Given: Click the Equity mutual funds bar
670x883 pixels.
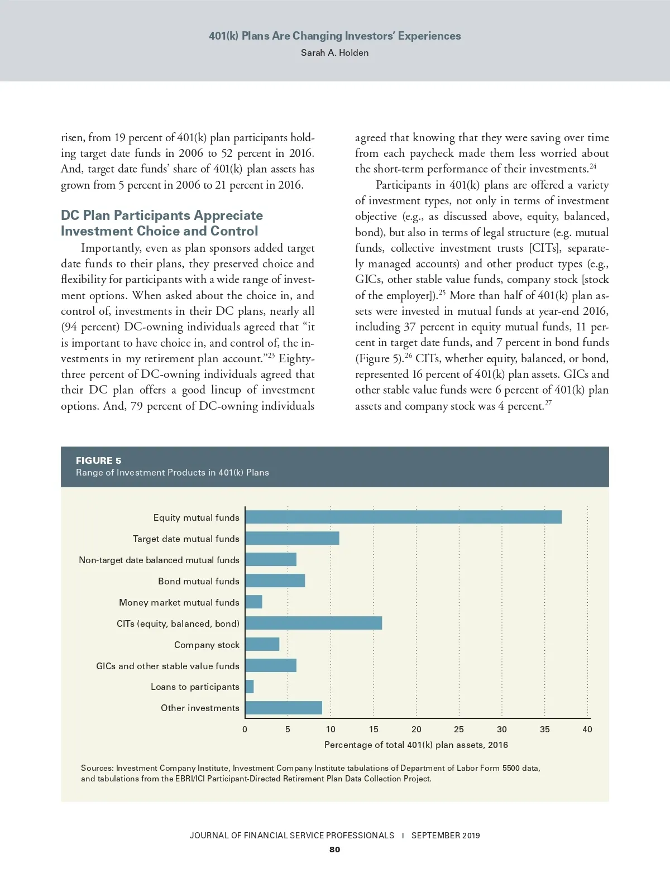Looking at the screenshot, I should [x=403, y=517].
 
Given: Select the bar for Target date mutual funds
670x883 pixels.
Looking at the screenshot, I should [x=292, y=539].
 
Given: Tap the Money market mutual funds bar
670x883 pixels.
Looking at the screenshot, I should [x=253, y=602].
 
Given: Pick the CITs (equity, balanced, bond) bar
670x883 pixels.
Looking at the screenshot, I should [x=313, y=623].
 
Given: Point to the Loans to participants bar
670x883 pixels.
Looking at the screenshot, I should [x=250, y=687].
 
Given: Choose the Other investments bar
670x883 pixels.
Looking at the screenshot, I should [x=284, y=708].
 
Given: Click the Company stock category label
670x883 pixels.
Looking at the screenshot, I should [x=207, y=645].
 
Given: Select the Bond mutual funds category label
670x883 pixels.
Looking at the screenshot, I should [x=198, y=581].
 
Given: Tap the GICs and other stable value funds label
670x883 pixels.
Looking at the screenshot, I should [x=167, y=666].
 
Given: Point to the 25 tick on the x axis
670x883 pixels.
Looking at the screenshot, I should [x=459, y=729].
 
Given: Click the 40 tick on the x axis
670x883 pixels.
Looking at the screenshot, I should [x=587, y=729].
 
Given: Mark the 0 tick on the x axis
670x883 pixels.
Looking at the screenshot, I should [x=245, y=729].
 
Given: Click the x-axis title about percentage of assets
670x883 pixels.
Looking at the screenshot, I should [x=416, y=745].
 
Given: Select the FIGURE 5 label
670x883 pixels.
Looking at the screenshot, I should [x=98, y=460].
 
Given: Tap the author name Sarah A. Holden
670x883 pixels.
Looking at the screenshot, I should [x=334, y=52].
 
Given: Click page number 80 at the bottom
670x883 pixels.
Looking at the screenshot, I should [x=334, y=850].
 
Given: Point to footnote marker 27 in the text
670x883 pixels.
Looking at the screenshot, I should [x=548, y=403].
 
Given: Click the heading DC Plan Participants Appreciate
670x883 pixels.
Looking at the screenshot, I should [x=162, y=215].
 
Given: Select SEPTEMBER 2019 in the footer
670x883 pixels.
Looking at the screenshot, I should [x=446, y=836].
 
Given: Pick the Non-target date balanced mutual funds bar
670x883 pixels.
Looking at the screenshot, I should [x=271, y=560].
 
